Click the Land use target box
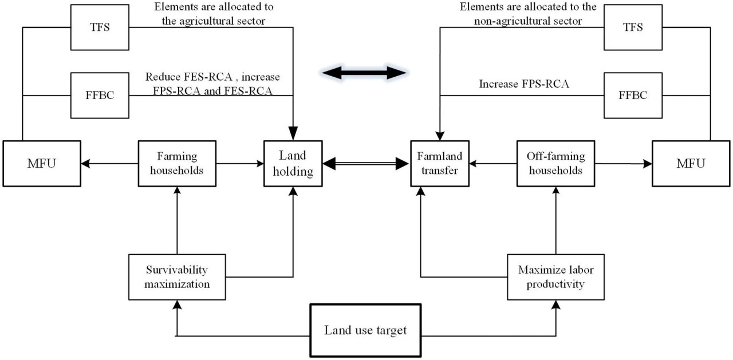click(365, 330)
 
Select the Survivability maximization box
click(177, 277)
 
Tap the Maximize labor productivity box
click(555, 277)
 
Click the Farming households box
click(177, 164)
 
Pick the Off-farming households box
click(555, 164)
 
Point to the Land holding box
click(293, 164)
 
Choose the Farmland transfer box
click(440, 164)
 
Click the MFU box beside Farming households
click(42, 164)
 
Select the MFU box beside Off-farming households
click(691, 164)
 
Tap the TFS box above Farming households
click(100, 27)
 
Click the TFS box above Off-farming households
click(633, 27)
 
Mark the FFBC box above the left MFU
click(100, 95)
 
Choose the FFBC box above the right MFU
click(633, 95)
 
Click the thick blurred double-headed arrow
click(364, 73)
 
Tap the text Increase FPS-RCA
click(524, 84)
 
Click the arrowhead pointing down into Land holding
click(293, 133)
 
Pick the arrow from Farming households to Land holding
click(240, 164)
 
